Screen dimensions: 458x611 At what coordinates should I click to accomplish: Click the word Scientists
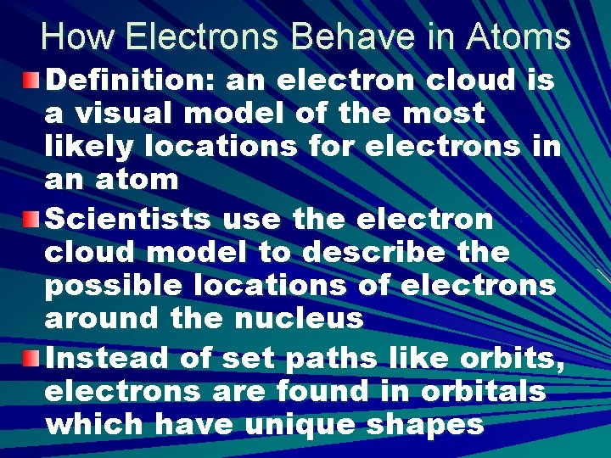pos(126,220)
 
